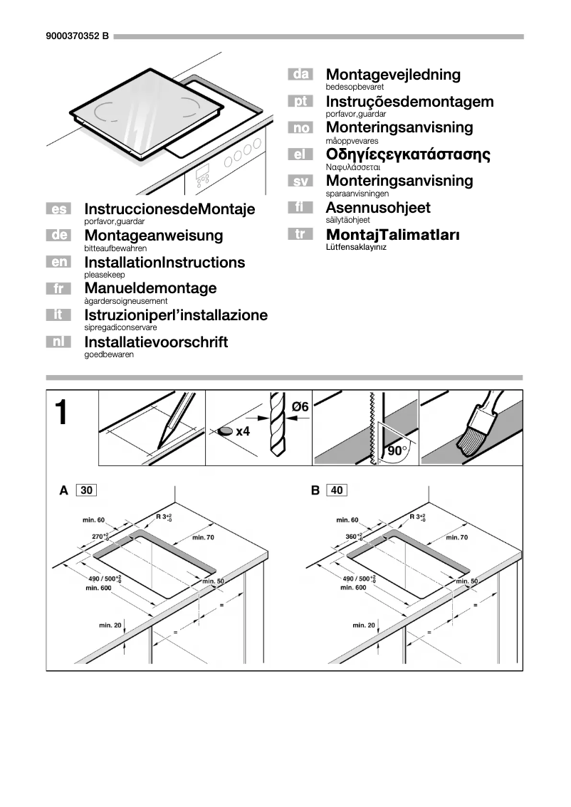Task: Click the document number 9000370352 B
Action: (76, 36)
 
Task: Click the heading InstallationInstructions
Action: (164, 263)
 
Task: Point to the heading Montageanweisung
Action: (153, 236)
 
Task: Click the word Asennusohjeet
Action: (378, 208)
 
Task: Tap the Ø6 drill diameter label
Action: (300, 407)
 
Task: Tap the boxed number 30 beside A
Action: (85, 490)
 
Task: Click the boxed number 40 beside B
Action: (337, 490)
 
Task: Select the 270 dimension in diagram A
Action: (100, 536)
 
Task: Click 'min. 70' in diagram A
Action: (203, 537)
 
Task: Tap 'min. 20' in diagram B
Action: (364, 625)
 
